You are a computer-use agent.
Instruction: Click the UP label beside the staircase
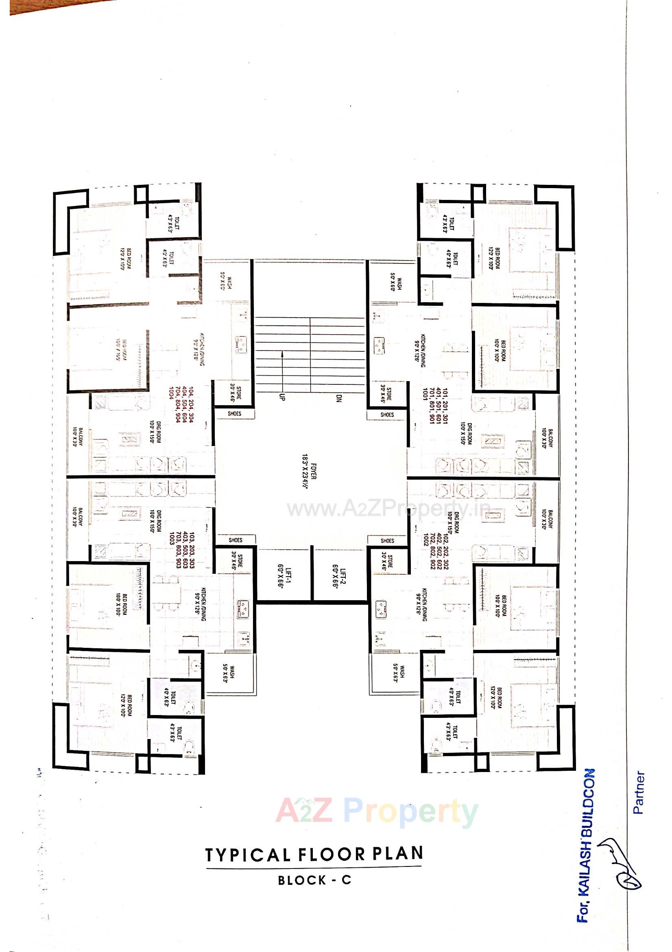pos(282,397)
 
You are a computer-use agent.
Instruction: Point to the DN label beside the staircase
pos(338,399)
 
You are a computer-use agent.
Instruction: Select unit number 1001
pos(425,393)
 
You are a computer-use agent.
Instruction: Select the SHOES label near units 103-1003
pos(236,540)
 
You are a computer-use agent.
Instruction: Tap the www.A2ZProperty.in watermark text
pos(388,509)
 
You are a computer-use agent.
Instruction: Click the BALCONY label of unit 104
pos(78,436)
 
